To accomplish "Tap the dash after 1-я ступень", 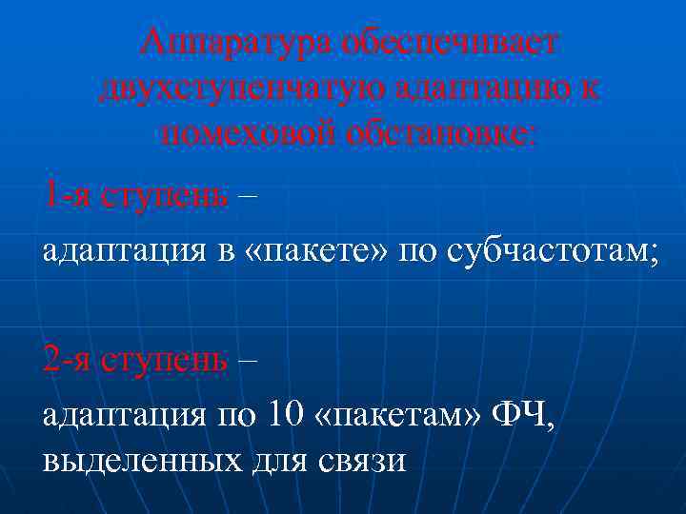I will tap(249, 195).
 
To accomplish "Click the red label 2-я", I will tap(64, 359).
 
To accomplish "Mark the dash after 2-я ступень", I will tap(249, 360).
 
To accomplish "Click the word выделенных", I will tap(142, 462).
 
